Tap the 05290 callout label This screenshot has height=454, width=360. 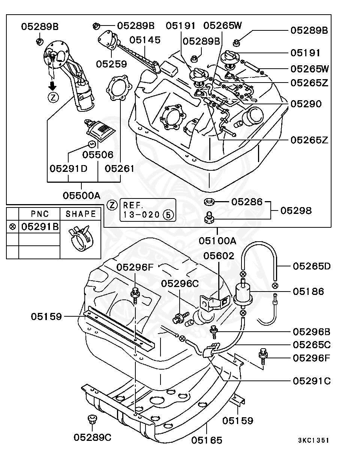coord(306,104)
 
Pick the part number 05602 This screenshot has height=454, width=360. coord(219,256)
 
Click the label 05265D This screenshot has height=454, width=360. coord(312,266)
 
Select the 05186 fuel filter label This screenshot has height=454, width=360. coord(309,291)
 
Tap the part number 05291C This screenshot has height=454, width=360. coord(312,381)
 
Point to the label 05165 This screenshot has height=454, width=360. coord(207,440)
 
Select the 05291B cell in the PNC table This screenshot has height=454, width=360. coord(40,227)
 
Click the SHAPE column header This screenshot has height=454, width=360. coord(81,214)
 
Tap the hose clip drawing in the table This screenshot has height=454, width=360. coord(80,239)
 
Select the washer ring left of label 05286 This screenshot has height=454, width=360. coord(209,203)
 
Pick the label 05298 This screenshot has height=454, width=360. coord(296,210)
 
